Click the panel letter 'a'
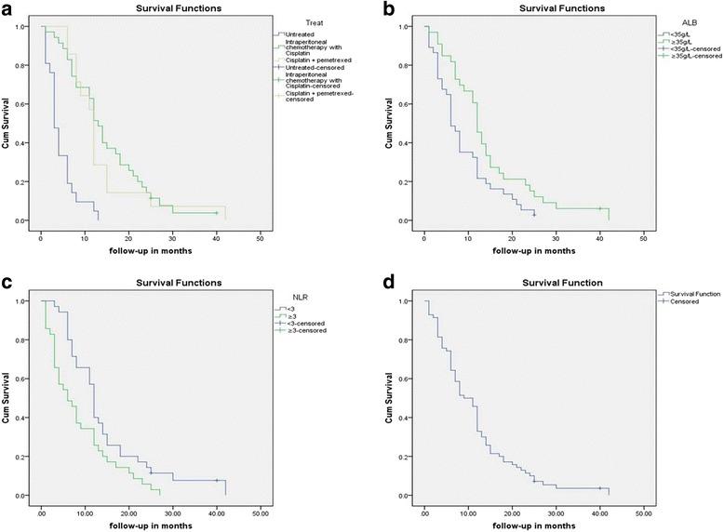click(7, 9)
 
